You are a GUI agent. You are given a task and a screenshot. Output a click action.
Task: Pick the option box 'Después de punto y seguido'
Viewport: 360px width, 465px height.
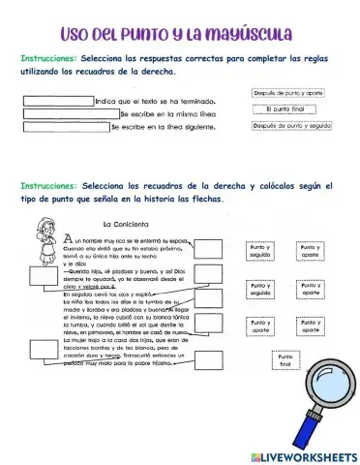(x=291, y=127)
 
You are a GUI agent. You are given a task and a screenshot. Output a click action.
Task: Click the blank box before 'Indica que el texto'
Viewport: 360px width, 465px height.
(x=57, y=100)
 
